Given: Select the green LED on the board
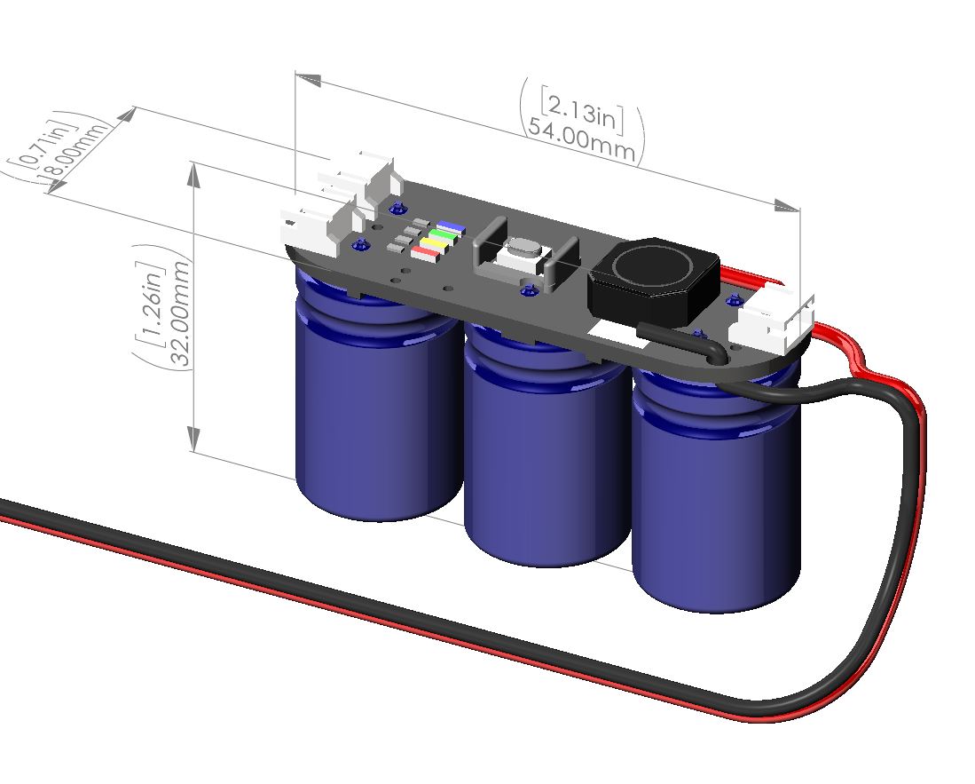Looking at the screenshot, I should [441, 236].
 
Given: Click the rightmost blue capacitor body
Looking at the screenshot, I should [714, 506].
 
